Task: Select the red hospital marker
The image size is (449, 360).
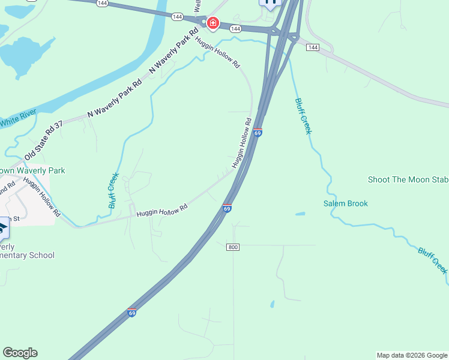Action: [x=212, y=24]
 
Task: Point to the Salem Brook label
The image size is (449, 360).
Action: [x=346, y=203]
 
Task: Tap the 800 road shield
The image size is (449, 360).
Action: [x=233, y=247]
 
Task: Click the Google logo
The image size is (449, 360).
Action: [x=20, y=353]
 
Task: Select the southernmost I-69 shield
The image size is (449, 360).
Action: [x=131, y=312]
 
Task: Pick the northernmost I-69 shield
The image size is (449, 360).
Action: [x=257, y=132]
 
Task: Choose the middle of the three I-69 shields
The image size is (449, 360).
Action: [x=226, y=208]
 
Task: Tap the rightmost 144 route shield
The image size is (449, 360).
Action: [x=312, y=47]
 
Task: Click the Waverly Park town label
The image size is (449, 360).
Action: [x=32, y=171]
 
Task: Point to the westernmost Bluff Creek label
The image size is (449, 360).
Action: [x=113, y=190]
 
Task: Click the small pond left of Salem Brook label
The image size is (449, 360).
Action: [x=300, y=214]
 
